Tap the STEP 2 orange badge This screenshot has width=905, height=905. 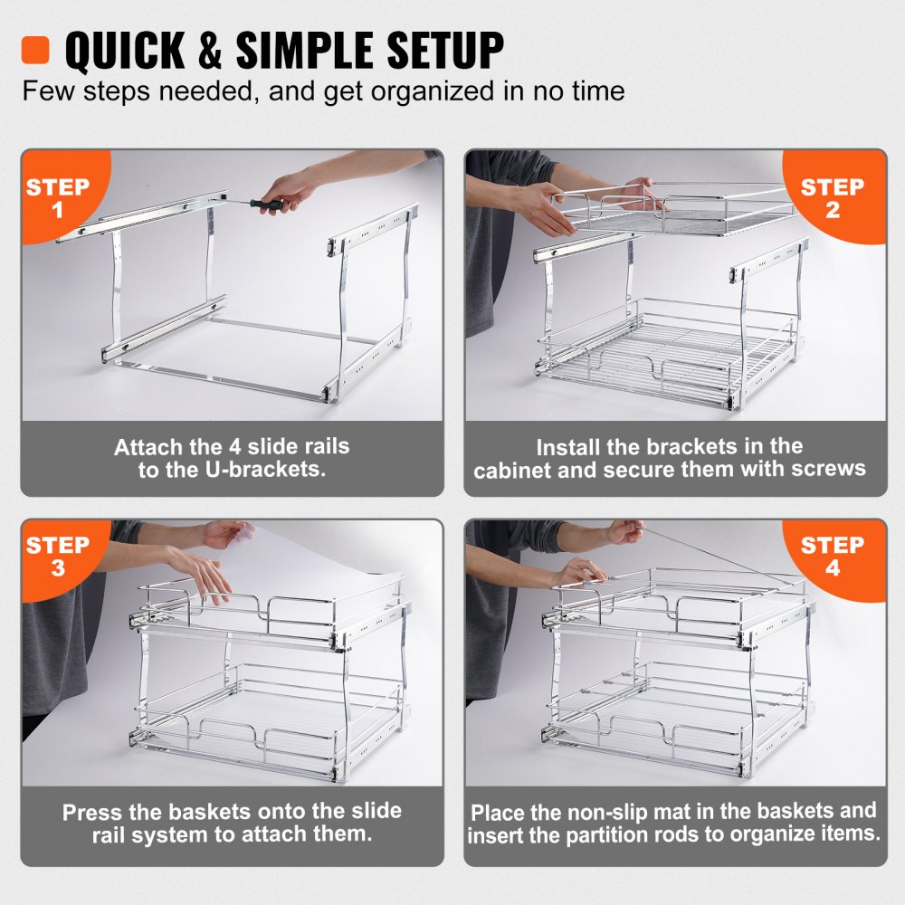point(833,198)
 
